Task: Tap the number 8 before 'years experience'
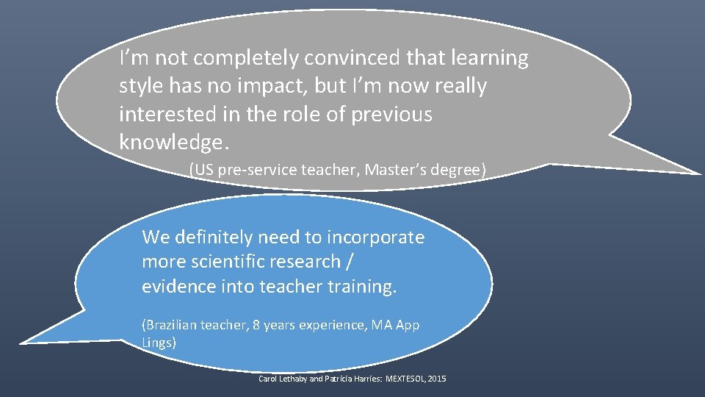[256, 325]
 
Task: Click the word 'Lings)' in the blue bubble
[159, 341]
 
